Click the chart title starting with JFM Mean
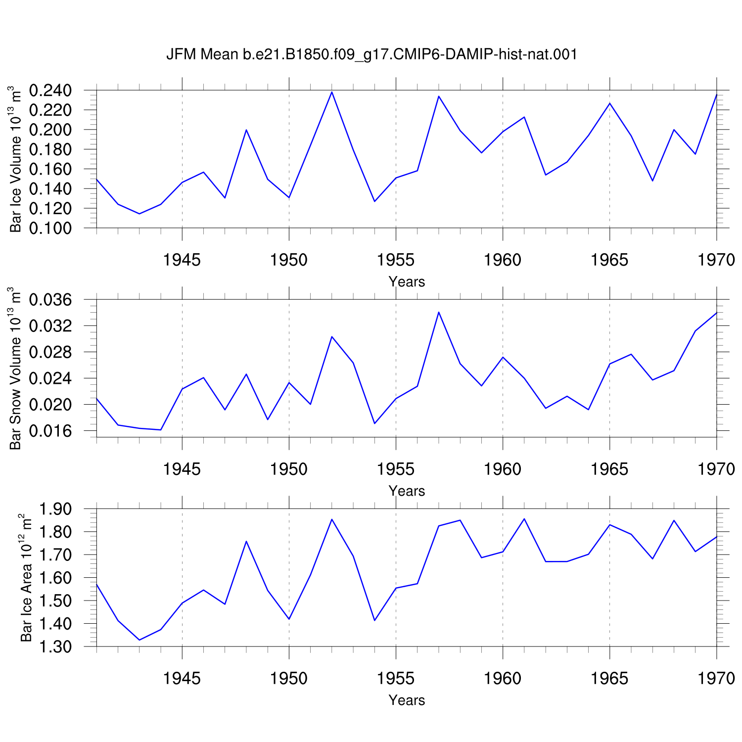tap(371, 54)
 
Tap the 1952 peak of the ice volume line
tap(332, 92)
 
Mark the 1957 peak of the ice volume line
tap(439, 96)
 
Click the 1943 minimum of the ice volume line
tap(139, 214)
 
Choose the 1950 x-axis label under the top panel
tap(289, 260)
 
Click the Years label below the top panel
tap(407, 282)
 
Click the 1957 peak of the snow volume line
tap(439, 312)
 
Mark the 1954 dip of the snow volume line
tap(374, 423)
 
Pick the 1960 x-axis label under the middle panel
tap(503, 469)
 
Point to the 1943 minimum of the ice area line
tap(139, 640)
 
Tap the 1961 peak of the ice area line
tap(524, 519)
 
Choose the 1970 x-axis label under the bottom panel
tap(716, 678)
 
